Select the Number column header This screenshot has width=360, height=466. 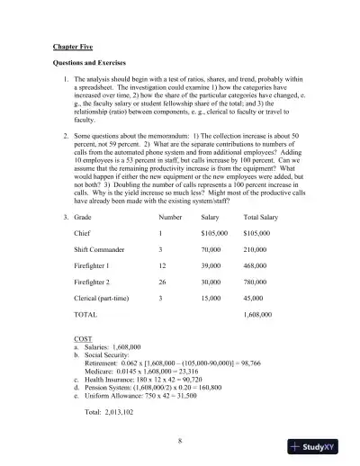click(x=170, y=217)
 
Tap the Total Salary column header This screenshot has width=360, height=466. click(x=263, y=217)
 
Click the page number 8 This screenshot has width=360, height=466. click(x=180, y=441)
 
